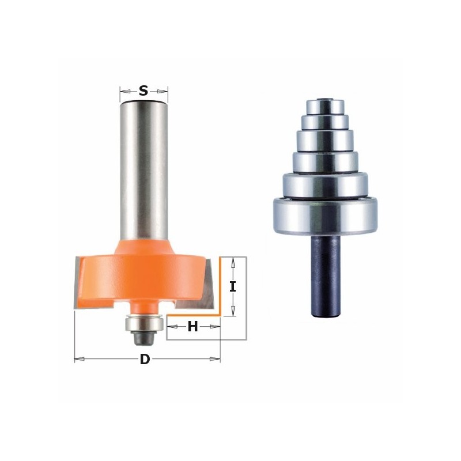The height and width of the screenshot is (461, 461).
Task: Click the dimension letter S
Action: click(143, 91)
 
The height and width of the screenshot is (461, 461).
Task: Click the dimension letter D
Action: click(145, 359)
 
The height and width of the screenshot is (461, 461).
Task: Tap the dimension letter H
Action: click(193, 327)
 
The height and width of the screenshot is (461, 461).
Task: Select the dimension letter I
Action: click(233, 286)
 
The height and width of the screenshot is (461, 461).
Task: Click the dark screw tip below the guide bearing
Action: click(144, 338)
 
